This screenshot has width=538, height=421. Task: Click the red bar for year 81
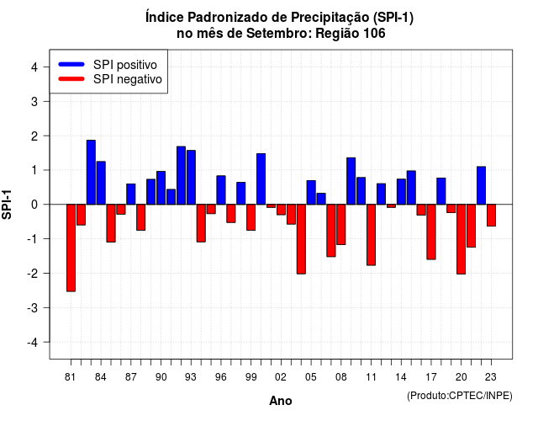71,248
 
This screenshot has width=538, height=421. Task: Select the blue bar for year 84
101,183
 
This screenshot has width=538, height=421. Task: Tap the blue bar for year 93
191,178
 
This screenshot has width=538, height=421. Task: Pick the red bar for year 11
371,235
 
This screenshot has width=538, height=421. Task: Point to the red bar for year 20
462,239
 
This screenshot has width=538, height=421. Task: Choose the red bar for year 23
491,216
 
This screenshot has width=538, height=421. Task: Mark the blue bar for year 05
311,193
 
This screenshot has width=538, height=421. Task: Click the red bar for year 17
431,232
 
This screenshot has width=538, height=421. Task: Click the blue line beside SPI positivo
71,64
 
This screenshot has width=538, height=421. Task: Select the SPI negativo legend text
127,79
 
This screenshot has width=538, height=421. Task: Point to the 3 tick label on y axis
34,101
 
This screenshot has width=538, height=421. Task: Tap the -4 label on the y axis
32,343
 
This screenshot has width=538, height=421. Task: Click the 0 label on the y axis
34,205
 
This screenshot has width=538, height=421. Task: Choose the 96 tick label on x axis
221,377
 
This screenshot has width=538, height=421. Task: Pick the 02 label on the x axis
281,377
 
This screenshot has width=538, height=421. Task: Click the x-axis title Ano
281,401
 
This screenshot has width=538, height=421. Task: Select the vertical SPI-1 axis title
7,205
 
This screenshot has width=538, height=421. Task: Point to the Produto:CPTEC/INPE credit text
460,396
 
